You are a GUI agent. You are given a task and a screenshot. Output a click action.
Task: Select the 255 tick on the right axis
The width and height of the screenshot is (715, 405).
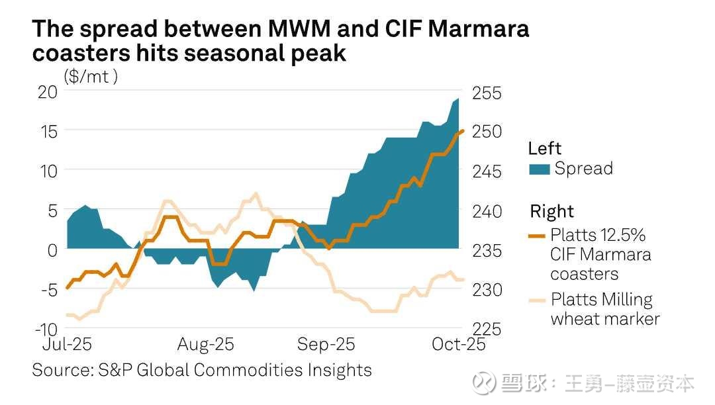(x=487, y=93)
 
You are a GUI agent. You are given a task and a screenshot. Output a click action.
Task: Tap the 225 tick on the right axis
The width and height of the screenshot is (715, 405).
(x=487, y=329)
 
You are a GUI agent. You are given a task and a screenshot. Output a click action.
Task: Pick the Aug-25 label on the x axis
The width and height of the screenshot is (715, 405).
(x=206, y=345)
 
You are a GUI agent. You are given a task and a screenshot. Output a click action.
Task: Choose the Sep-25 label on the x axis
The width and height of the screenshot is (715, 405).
(x=326, y=345)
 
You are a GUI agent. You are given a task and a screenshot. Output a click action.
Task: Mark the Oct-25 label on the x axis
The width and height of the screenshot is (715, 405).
(x=459, y=345)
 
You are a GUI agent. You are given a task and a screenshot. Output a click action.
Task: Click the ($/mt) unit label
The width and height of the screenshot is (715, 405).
(x=91, y=76)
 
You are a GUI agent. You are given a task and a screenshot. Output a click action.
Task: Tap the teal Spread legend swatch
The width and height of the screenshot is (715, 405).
(x=540, y=169)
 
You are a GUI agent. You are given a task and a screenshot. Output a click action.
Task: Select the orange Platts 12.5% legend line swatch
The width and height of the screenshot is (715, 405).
(x=538, y=235)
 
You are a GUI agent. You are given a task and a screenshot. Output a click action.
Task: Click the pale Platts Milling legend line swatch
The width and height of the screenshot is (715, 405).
(x=538, y=300)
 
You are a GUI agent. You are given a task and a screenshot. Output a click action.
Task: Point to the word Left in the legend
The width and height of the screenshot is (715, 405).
(x=544, y=148)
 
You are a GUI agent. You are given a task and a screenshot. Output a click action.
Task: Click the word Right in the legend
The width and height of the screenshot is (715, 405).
(x=551, y=212)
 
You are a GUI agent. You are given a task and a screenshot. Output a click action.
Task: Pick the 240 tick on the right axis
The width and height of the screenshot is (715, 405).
(x=487, y=211)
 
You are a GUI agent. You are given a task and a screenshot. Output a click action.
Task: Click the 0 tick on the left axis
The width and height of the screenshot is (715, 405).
(x=54, y=250)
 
